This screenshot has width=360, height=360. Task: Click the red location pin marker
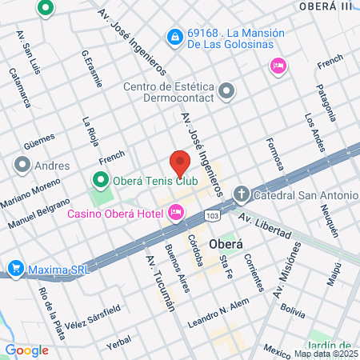pyautogui.click(x=180, y=162)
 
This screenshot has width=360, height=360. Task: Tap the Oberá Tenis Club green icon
pyautogui.click(x=101, y=179)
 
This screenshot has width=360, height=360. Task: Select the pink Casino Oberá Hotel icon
pyautogui.click(x=176, y=212)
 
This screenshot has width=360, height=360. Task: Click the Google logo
pyautogui.click(x=26, y=350)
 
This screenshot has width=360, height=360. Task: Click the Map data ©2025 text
pyautogui.click(x=324, y=354)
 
